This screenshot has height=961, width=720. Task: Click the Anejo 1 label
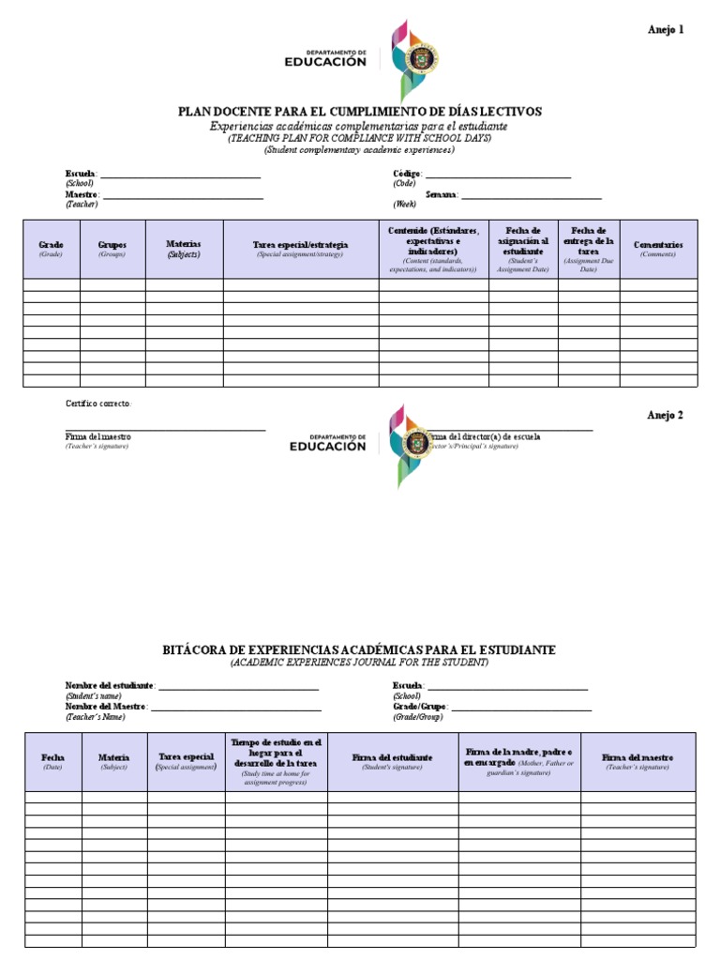click(x=666, y=29)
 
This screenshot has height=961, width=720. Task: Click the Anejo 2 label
click(x=666, y=416)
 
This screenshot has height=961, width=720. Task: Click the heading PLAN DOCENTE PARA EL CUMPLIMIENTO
click(x=360, y=112)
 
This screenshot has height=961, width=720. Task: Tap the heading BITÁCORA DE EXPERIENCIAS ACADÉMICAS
click(x=360, y=649)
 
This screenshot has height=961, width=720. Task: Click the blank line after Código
click(x=498, y=176)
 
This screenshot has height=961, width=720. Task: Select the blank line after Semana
click(x=531, y=197)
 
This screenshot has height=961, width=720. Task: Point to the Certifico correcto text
click(x=98, y=404)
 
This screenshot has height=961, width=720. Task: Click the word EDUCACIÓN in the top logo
click(x=325, y=62)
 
